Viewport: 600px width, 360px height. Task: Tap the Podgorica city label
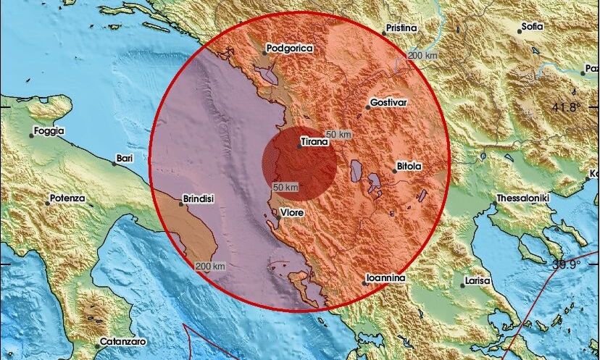288,48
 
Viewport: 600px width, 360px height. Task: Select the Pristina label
401,28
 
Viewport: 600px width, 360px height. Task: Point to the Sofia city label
532,28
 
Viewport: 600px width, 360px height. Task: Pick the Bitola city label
409,167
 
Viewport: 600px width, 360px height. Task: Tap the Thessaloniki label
522,198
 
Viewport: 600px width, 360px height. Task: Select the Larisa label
478,280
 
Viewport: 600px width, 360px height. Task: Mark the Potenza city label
67,198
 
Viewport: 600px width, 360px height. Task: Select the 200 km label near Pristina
424,56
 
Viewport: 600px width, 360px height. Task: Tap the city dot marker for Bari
114,164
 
